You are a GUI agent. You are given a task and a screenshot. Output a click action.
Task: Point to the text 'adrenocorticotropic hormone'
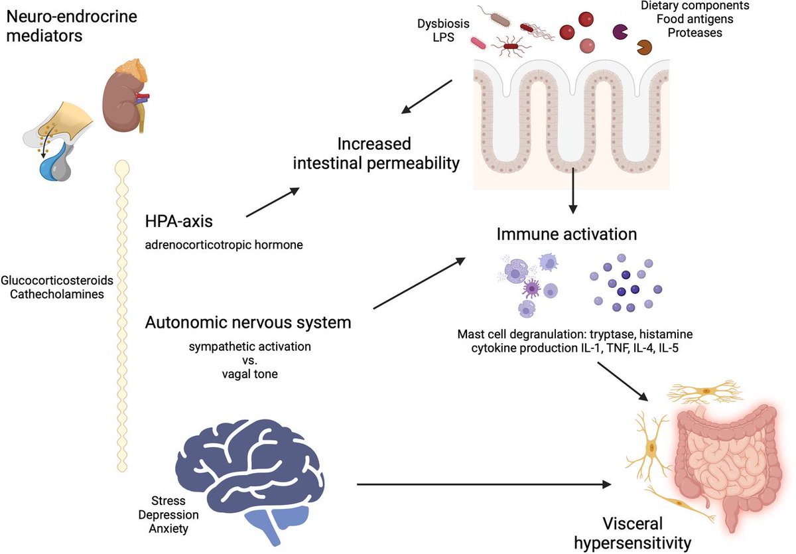[224, 245]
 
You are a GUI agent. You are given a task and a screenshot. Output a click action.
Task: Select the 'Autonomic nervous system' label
[247, 323]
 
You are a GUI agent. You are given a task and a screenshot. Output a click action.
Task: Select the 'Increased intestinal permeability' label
[377, 153]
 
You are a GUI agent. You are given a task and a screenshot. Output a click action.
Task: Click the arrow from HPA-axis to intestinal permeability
[272, 202]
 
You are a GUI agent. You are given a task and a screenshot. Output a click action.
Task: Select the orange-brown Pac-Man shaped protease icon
[643, 47]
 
